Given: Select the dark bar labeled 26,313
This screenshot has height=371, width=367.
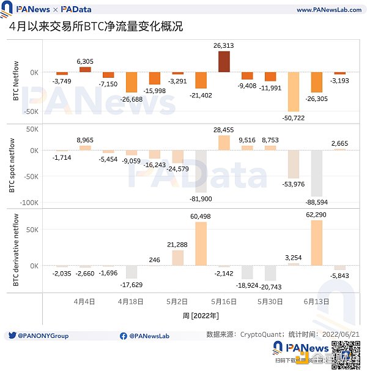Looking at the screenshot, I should (224, 62).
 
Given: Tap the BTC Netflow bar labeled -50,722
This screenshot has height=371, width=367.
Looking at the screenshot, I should (294, 92).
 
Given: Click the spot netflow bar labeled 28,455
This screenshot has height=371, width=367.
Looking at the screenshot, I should (224, 143).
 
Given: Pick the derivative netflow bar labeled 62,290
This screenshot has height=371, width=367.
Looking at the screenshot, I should (317, 242).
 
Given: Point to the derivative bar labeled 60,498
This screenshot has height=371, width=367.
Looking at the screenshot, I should (201, 244).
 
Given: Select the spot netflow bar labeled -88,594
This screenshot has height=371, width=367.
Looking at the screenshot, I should (317, 173).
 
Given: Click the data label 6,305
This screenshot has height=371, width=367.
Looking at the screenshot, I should (85, 61).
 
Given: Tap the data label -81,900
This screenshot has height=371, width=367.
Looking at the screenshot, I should (201, 199).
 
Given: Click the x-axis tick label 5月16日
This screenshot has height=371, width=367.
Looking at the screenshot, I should (224, 302).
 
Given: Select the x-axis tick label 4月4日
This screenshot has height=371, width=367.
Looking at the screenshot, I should (85, 302).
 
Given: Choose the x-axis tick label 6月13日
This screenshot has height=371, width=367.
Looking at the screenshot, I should (317, 302).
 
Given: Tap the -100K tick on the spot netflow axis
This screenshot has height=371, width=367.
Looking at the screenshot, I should (31, 203).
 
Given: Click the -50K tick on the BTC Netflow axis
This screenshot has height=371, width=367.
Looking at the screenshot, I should (31, 111).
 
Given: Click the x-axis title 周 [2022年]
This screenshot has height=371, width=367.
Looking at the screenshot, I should (201, 315).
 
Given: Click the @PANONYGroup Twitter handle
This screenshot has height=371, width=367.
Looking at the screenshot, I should (42, 335).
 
